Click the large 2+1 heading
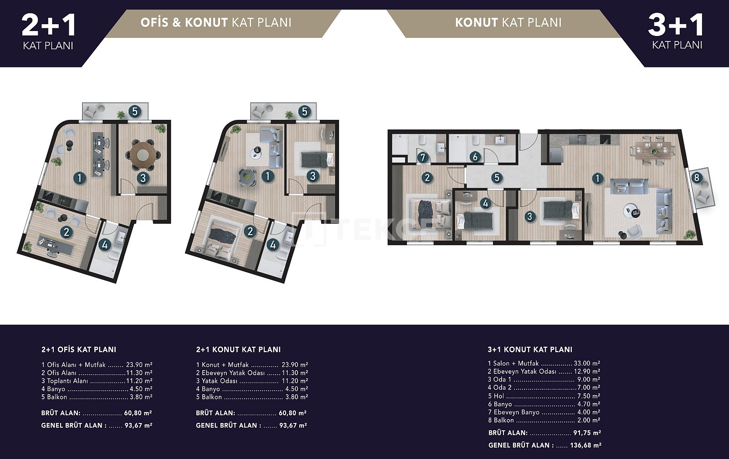49,26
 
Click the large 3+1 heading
676,26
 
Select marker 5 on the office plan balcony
135,112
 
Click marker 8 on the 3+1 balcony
697,177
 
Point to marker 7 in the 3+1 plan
422,158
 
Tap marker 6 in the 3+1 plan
475,157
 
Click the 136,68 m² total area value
585,445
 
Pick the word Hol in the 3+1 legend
498,396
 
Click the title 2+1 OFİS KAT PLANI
79,350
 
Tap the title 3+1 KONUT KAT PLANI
530,350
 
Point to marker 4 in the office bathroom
104,245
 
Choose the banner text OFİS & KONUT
184,22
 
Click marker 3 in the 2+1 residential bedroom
313,176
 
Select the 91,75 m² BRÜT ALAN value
587,433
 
